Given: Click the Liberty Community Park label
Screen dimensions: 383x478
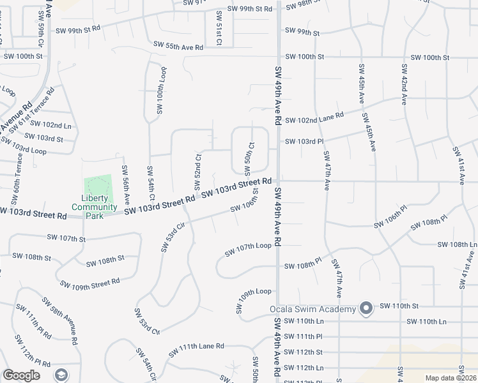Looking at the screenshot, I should tap(94, 207).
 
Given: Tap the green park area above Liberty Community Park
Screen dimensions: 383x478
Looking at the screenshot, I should tap(98, 186).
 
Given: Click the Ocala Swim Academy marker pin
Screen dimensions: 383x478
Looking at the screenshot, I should tap(366, 309).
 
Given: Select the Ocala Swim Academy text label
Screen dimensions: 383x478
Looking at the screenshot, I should tap(312, 310).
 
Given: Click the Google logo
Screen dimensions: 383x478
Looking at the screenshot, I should tap(22, 375).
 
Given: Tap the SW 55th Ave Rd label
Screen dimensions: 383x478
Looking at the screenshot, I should tap(178, 47).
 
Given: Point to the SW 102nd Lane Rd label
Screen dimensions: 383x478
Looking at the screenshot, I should tap(314, 118).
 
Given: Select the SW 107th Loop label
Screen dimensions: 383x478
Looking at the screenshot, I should tap(248, 249).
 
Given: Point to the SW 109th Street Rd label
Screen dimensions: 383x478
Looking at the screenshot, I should tap(89, 283).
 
